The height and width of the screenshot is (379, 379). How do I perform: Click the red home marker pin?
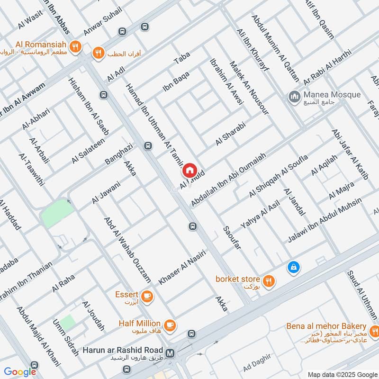tap(189, 169)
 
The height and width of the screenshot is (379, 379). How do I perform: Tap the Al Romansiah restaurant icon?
tap(74, 46)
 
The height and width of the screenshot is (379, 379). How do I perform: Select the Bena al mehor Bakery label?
tap(326, 327)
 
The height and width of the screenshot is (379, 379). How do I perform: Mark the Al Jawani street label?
tap(106, 192)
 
